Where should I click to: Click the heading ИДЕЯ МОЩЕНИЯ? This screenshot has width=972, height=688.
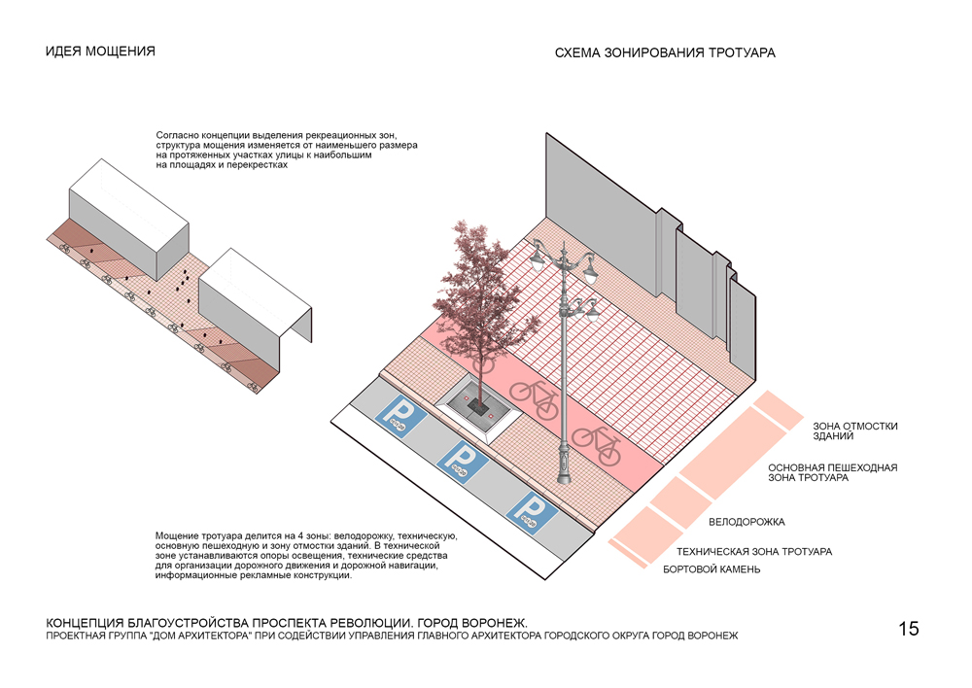coord(100,52)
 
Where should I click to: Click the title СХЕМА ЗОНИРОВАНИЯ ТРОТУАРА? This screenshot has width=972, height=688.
coord(665,53)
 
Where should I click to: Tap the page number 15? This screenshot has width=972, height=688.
coord(908,628)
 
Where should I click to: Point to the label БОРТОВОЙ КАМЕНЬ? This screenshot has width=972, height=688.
coord(712,569)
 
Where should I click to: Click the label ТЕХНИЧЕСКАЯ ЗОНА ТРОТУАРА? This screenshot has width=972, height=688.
coord(753,552)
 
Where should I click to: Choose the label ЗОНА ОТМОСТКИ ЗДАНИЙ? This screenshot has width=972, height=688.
coord(855,430)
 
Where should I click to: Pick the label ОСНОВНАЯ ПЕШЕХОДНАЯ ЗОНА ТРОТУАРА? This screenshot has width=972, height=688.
coord(832,473)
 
